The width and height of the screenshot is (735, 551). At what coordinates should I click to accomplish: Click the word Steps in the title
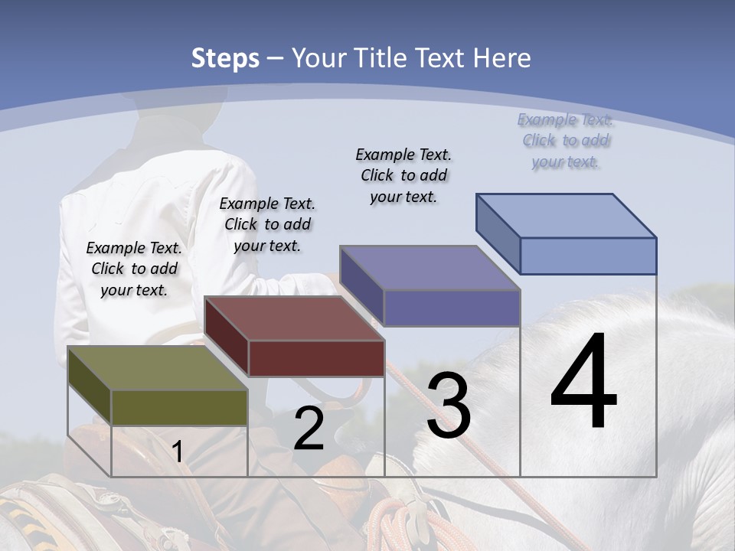pos(225,58)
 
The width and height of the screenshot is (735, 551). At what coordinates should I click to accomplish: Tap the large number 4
pos(583,383)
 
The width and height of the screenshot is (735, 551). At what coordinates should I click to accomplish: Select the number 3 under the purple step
pos(449,406)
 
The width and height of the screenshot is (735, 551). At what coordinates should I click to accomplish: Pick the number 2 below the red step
pos(309,429)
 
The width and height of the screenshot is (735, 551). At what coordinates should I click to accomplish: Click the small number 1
pos(178,452)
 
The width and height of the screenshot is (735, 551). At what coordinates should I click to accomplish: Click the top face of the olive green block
pos(157,368)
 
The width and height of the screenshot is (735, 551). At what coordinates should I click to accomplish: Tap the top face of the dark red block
pos(294,318)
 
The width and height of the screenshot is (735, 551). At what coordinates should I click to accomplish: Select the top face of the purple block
pos(430,268)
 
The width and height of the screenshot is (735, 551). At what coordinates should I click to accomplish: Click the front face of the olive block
pos(179,407)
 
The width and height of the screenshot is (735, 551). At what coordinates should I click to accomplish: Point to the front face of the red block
pos(316,358)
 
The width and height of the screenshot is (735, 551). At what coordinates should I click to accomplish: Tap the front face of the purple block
pos(452,308)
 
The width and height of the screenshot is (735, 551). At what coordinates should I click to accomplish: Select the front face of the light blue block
pos(588,256)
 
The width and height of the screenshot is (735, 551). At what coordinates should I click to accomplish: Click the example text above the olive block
pos(134,269)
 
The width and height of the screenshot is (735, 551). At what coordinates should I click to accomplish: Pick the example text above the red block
pos(267,224)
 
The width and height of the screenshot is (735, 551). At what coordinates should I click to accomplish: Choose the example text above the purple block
pos(403,175)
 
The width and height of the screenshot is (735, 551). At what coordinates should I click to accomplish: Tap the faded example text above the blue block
pos(565,140)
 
